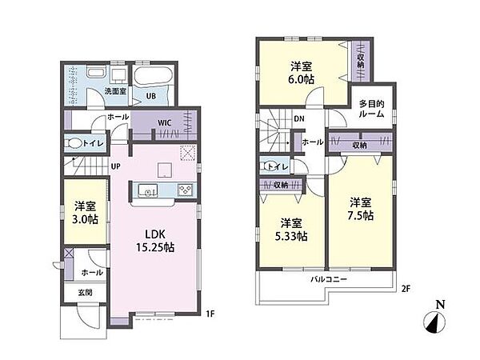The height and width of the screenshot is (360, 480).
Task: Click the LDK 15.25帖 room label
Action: coord(155,241)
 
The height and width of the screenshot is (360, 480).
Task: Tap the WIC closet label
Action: coord(164,123)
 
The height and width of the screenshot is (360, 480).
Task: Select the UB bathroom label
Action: coord(151,96)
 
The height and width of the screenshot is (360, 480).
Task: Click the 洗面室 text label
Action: coord(115,91)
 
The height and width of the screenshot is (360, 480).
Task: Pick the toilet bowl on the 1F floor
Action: coord(74,143)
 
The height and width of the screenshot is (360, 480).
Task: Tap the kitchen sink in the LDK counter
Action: coord(147,190)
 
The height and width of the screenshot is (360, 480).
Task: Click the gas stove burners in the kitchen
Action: coord(186,190)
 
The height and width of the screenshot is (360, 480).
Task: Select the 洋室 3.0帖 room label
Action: coord(86,213)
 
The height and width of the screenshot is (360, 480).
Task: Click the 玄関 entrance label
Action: coord(85,292)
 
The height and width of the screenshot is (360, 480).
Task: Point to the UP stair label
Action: coord(115,166)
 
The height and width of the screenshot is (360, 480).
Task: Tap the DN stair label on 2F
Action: coord(299,118)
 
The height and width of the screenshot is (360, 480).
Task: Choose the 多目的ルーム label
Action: coord(372,109)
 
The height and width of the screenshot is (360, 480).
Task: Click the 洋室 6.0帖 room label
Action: coord(302,73)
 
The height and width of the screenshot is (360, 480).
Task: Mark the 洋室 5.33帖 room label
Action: coord(291,230)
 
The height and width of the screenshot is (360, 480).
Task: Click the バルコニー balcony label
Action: coord(329,279)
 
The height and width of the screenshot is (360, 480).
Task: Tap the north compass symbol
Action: coord(434,319)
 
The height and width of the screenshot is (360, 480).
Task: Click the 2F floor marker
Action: coord(406,289)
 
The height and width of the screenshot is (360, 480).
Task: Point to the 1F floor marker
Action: coord(210,314)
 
